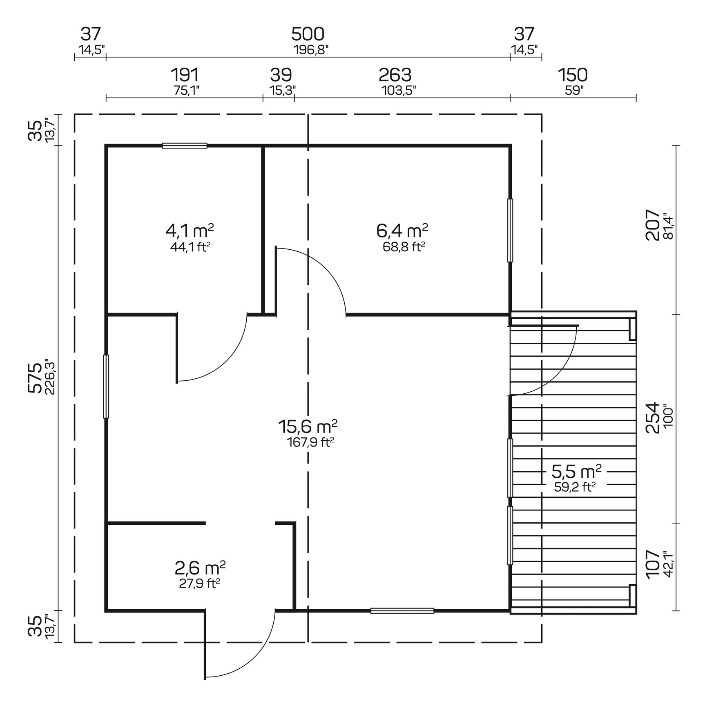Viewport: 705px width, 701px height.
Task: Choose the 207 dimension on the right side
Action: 652,225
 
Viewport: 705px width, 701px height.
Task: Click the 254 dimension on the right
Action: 652,418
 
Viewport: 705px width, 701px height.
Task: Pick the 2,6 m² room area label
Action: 200,568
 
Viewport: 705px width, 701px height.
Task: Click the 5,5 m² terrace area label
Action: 576,472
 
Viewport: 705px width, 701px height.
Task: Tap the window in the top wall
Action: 185,146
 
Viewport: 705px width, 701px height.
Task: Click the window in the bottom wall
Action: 402,611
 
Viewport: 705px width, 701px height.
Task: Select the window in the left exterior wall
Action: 106,386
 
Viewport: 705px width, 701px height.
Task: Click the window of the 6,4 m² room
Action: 510,231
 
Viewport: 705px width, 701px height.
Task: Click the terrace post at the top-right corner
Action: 632,329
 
